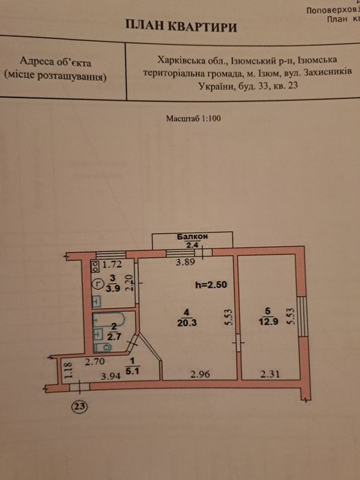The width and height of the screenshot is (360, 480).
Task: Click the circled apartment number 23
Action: [80, 407]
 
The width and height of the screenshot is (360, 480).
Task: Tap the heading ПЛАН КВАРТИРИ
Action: [181, 26]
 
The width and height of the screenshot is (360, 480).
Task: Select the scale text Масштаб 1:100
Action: [193, 119]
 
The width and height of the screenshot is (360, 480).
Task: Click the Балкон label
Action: [193, 237]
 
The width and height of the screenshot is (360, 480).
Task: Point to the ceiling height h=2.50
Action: [211, 285]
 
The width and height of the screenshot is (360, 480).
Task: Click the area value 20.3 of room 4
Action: [187, 323]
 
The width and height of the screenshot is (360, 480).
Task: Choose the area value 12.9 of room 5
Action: [269, 322]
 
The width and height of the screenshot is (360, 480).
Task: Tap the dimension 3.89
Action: [186, 262]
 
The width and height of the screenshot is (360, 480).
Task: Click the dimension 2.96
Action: [200, 374]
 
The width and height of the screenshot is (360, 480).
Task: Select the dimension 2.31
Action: [269, 374]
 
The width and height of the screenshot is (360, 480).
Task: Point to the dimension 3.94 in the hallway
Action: [111, 376]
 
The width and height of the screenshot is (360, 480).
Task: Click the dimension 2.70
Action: [95, 362]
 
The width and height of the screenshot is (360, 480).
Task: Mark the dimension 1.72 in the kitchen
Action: [112, 265]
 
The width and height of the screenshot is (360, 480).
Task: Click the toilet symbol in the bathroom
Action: [103, 347]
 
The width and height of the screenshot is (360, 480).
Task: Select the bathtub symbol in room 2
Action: [108, 319]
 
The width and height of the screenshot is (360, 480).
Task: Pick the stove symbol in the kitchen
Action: [95, 267]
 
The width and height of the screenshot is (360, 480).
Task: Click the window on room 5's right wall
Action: [302, 316]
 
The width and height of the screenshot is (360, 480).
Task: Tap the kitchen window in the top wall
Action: [111, 254]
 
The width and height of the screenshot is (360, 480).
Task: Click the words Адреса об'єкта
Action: [56, 62]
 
